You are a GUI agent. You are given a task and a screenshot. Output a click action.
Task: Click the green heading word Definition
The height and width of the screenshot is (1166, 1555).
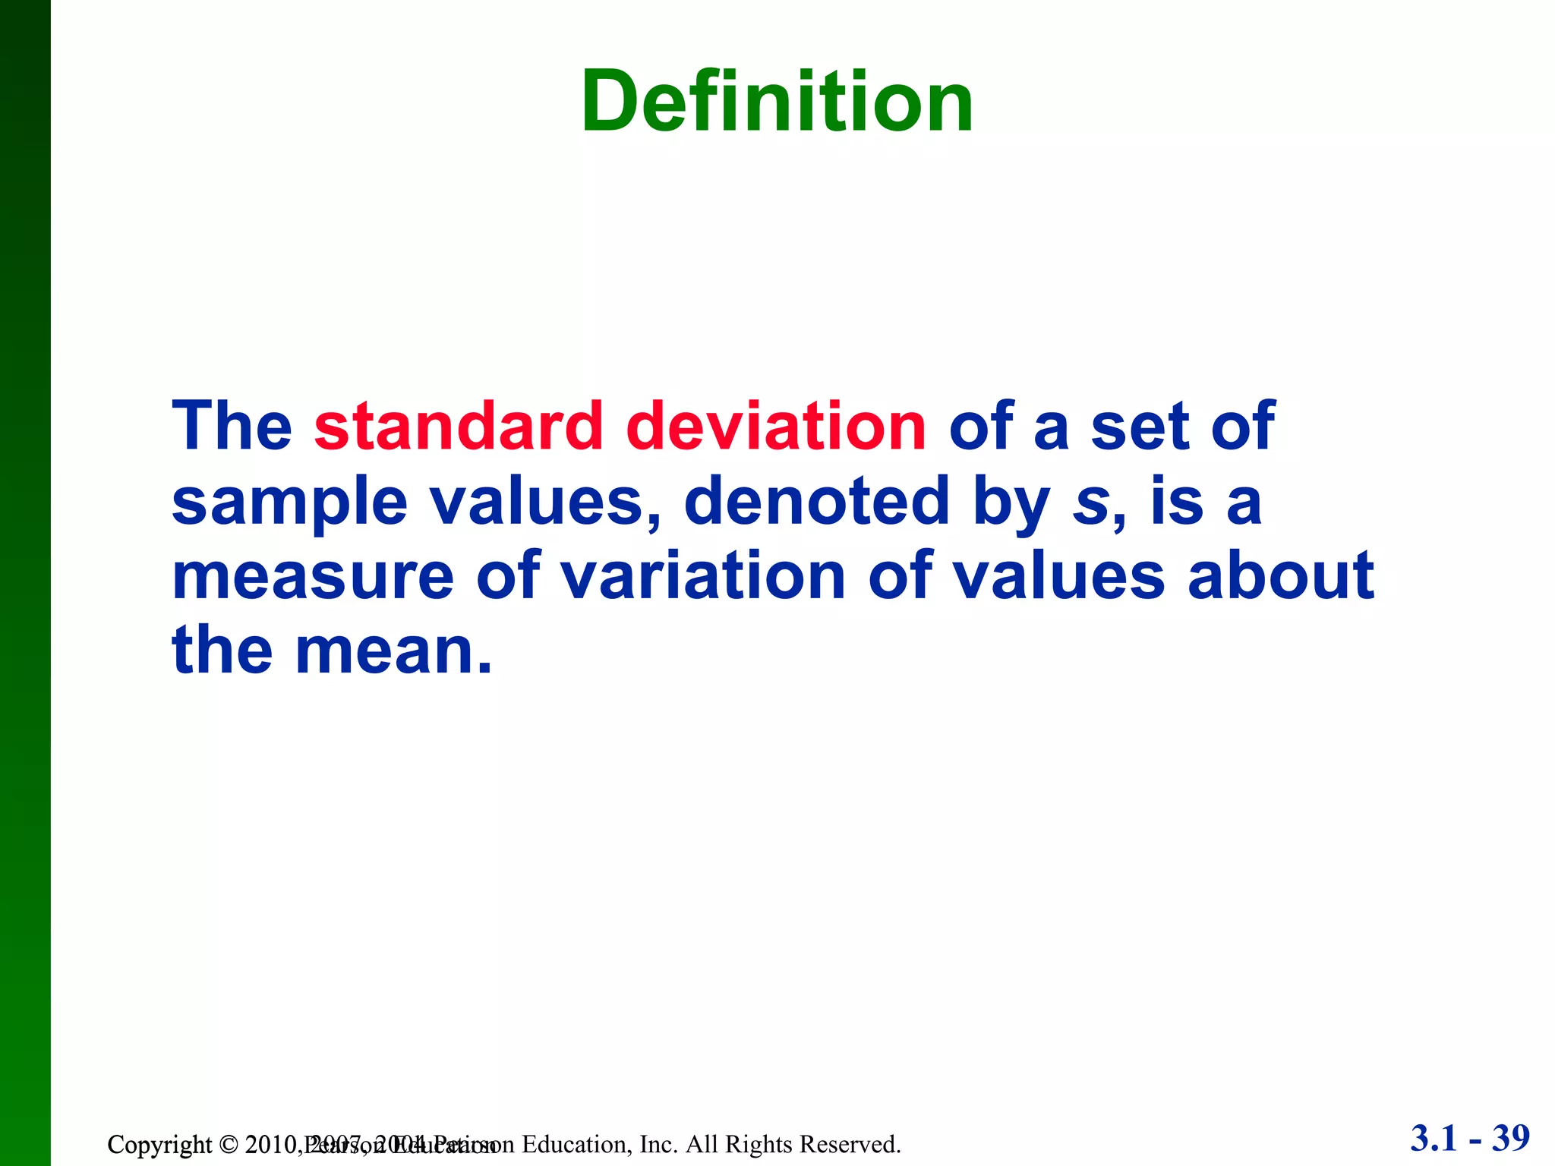tap(777, 102)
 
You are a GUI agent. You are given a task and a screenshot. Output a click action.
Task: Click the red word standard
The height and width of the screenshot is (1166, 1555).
tap(459, 427)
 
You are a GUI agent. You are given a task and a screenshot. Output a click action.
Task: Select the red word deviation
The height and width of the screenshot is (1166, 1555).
tap(775, 427)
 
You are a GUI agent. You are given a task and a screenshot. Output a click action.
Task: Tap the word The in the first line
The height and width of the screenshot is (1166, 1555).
tap(232, 427)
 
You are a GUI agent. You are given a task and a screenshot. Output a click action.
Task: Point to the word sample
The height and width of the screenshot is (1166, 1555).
tap(289, 503)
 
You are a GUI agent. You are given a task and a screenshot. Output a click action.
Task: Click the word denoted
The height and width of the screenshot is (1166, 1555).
tap(816, 501)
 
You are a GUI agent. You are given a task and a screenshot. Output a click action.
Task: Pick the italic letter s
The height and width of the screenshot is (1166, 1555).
tap(1090, 503)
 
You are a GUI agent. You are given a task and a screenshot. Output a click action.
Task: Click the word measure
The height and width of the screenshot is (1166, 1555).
tap(313, 577)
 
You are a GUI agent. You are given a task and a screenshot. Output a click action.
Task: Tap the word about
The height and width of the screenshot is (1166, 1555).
tap(1281, 577)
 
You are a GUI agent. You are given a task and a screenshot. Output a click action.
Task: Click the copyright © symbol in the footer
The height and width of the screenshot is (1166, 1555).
tap(229, 1145)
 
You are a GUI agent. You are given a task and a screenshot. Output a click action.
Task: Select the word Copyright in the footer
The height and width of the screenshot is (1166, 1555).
tap(159, 1145)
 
